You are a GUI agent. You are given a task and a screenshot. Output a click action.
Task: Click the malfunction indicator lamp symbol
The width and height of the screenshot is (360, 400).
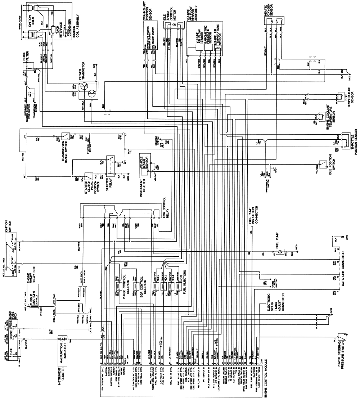[x=62, y=339]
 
